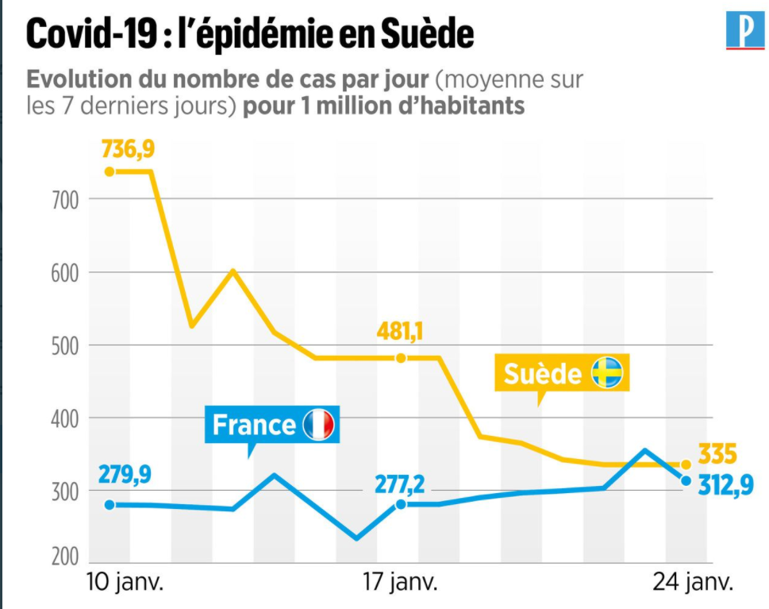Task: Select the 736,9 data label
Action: (x=128, y=148)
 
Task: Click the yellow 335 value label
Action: (x=717, y=455)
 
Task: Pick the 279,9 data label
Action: (x=125, y=474)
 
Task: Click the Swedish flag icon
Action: (x=607, y=373)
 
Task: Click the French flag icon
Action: (x=319, y=425)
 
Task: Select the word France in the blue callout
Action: (x=254, y=425)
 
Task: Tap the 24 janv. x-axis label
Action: (x=689, y=584)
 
